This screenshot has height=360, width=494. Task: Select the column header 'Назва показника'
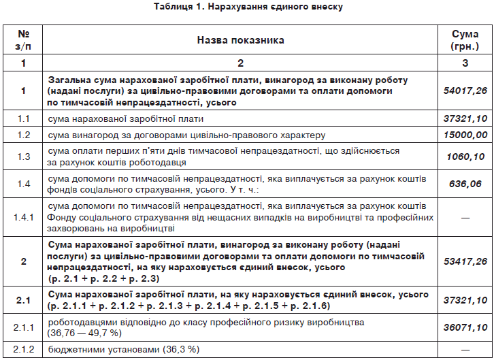click(240, 40)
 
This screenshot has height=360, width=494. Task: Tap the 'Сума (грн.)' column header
click(465, 40)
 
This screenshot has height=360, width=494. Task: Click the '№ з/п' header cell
click(24, 40)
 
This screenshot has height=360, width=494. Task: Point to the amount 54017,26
click(465, 90)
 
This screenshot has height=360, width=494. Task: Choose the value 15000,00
click(465, 135)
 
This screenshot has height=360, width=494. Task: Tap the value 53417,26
click(465, 261)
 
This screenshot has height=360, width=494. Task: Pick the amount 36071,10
click(465, 327)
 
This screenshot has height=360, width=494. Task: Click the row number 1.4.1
click(24, 216)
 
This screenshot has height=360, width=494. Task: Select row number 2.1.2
click(24, 349)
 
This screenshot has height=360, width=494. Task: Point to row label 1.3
click(24, 157)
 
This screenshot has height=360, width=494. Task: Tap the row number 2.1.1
click(24, 327)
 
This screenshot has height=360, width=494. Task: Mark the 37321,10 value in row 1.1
click(465, 118)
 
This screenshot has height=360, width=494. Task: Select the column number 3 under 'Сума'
click(465, 63)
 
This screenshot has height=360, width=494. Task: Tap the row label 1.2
click(24, 135)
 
